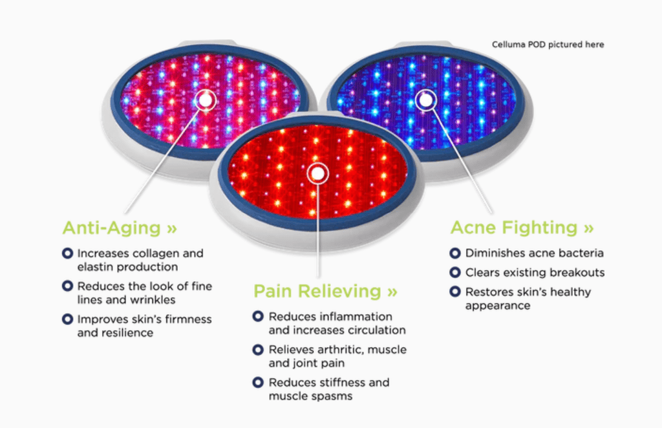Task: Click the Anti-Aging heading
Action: (120, 228)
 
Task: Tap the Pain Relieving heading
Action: (326, 291)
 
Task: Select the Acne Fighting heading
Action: (522, 228)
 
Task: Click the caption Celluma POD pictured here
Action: (548, 45)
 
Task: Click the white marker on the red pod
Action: (317, 173)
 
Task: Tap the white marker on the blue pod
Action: (425, 100)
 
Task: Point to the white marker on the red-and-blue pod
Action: (206, 100)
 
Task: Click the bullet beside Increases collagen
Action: (67, 253)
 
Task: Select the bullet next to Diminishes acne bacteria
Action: (455, 253)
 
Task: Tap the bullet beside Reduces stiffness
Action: (258, 382)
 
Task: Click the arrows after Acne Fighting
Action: (589, 228)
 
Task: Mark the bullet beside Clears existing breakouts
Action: (455, 272)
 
